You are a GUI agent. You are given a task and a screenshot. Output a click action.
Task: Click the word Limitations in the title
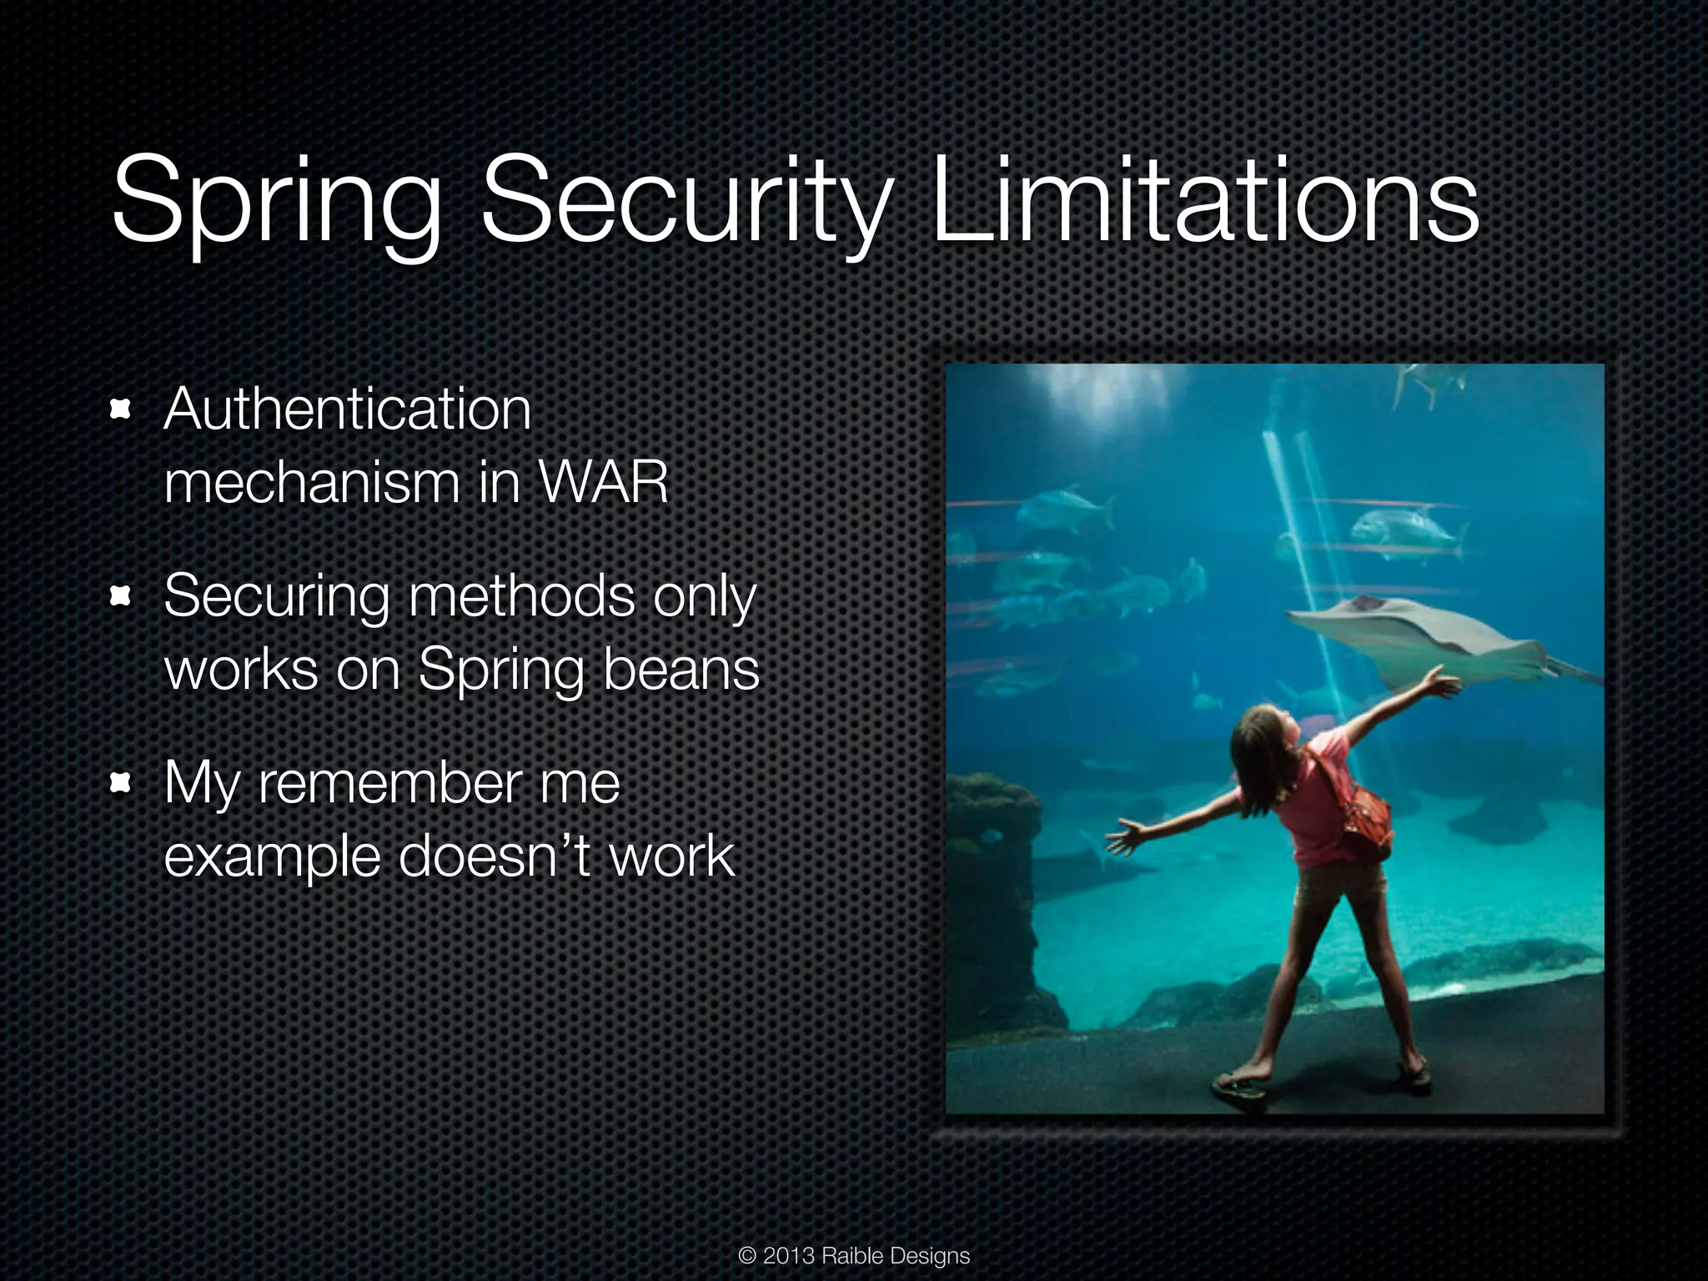1204,205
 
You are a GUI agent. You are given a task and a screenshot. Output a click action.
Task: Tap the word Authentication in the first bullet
347,409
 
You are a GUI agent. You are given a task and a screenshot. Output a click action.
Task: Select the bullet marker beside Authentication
122,409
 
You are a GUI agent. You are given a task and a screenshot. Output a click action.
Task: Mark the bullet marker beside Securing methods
122,595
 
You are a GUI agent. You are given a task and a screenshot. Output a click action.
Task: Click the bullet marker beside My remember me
122,782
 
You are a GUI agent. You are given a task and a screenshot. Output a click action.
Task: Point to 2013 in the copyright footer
788,1255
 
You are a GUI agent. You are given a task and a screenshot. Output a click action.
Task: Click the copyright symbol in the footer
747,1256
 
